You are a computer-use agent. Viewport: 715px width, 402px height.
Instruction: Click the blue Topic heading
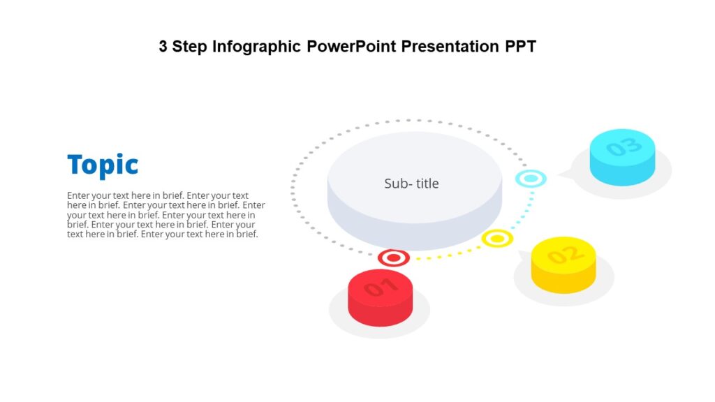click(x=103, y=166)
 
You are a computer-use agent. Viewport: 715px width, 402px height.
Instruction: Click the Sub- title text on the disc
click(x=411, y=184)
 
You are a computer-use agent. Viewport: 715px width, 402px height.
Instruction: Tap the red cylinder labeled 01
click(x=381, y=298)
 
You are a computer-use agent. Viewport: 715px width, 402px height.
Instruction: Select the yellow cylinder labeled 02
click(x=563, y=265)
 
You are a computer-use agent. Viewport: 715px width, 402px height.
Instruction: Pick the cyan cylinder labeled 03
click(x=622, y=157)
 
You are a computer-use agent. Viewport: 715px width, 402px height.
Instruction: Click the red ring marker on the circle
click(x=394, y=258)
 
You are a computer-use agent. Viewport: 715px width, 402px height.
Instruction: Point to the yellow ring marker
click(x=497, y=239)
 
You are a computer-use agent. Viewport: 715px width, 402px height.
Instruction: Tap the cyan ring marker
click(x=531, y=179)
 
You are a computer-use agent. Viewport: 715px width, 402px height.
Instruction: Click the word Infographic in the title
click(x=256, y=47)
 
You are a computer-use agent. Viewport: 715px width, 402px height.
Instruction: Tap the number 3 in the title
click(x=163, y=47)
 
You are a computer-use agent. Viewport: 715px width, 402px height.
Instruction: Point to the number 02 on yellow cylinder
click(x=563, y=255)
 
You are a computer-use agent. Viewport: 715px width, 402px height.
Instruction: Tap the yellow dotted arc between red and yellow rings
click(x=447, y=255)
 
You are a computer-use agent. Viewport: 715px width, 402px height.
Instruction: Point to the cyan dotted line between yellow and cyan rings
click(x=525, y=213)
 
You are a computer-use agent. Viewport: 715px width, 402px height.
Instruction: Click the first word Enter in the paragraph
click(x=78, y=195)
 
